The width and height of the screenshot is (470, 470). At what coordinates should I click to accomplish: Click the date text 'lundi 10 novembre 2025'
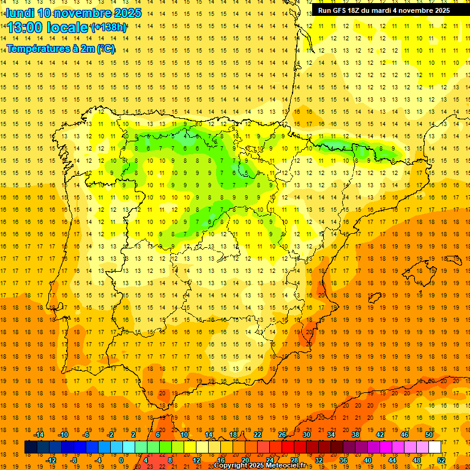[x=73, y=13]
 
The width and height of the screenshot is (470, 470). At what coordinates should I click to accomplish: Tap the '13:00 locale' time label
[x=48, y=28]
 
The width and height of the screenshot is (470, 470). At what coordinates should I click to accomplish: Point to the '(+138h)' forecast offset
[x=109, y=28]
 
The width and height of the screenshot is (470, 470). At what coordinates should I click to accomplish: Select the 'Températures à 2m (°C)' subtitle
[x=61, y=48]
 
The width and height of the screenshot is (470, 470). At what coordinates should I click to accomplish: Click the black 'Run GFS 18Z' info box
[x=384, y=10]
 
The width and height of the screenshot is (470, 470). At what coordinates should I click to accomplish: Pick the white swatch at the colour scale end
[x=435, y=447]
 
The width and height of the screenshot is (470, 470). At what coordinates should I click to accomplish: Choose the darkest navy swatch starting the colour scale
[x=31, y=447]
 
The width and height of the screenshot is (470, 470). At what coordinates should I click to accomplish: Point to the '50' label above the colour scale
[x=428, y=435]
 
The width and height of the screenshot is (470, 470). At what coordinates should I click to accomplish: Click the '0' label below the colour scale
[x=121, y=460]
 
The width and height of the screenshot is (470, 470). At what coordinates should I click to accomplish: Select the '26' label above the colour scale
[x=282, y=435]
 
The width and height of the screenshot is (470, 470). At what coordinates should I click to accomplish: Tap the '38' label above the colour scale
[x=356, y=435]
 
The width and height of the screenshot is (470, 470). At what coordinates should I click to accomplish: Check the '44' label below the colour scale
[x=392, y=460]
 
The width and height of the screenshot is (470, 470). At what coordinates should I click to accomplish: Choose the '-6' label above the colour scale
[x=86, y=435]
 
